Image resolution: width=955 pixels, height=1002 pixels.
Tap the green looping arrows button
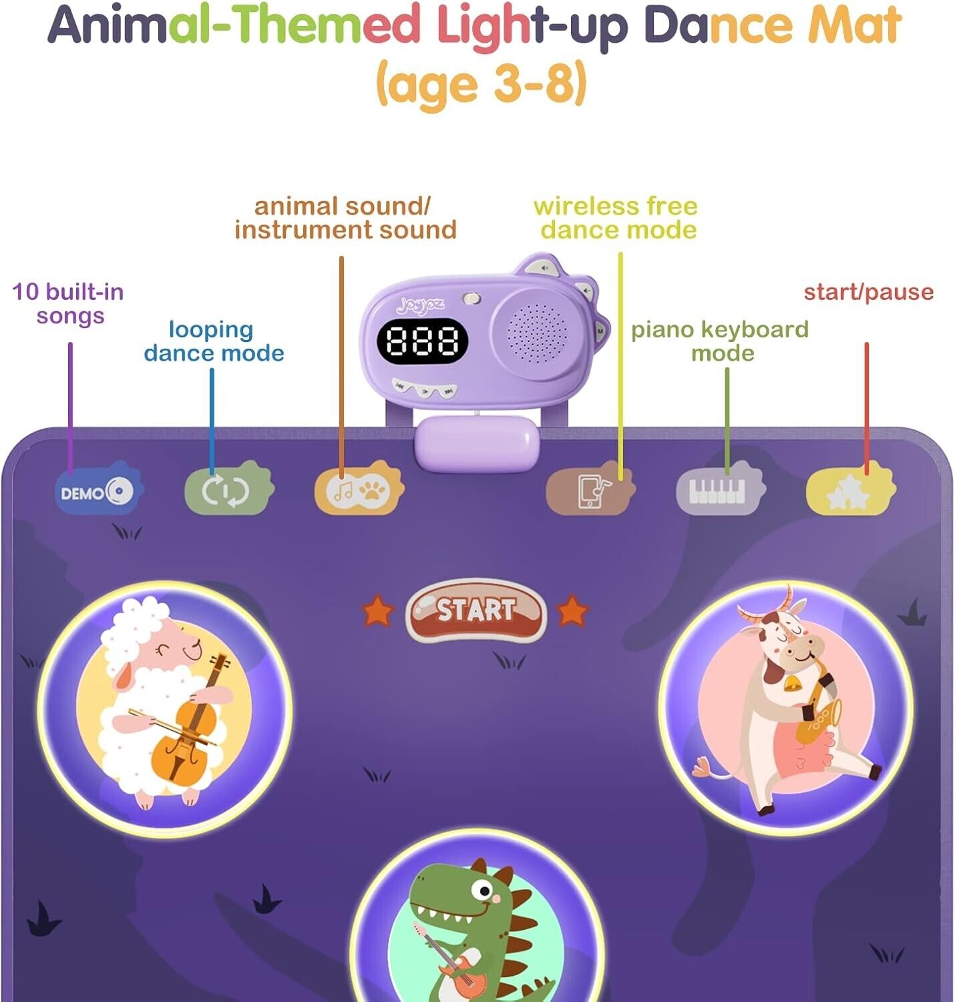tap(228, 490)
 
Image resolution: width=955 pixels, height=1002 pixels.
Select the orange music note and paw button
tap(358, 491)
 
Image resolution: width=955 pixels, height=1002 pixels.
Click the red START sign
tap(475, 610)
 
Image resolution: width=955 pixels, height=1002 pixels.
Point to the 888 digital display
tap(422, 341)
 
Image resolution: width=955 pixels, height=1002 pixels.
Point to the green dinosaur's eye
tap(482, 890)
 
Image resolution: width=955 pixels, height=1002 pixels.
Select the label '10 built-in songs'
tap(69, 303)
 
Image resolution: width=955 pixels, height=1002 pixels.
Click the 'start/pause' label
tap(868, 292)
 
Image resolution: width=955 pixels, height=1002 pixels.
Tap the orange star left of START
tap(377, 611)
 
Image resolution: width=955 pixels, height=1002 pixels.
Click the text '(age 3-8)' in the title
tap(481, 84)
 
